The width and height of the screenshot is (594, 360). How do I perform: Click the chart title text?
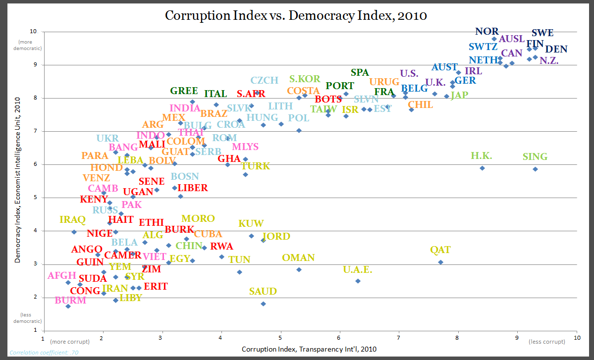(x=296, y=15)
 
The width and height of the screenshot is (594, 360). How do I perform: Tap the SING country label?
(x=535, y=157)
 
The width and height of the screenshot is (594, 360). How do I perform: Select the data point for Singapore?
(x=535, y=169)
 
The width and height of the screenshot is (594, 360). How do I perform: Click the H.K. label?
(x=481, y=156)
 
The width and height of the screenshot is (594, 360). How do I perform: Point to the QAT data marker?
(x=440, y=262)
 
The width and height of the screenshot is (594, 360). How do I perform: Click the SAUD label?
(x=263, y=292)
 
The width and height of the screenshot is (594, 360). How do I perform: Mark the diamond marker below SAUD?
(x=263, y=304)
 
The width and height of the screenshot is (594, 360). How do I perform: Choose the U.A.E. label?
(x=357, y=270)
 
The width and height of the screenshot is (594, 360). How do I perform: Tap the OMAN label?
(x=298, y=257)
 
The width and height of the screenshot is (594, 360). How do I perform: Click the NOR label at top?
(x=487, y=32)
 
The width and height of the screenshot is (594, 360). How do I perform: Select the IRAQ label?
(x=73, y=219)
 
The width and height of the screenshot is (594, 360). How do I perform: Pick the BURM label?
(x=70, y=300)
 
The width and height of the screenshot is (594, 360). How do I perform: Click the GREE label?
(x=184, y=91)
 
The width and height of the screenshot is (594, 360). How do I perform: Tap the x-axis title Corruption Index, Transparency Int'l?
(x=309, y=349)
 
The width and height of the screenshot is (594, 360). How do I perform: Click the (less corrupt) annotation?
(x=547, y=342)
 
